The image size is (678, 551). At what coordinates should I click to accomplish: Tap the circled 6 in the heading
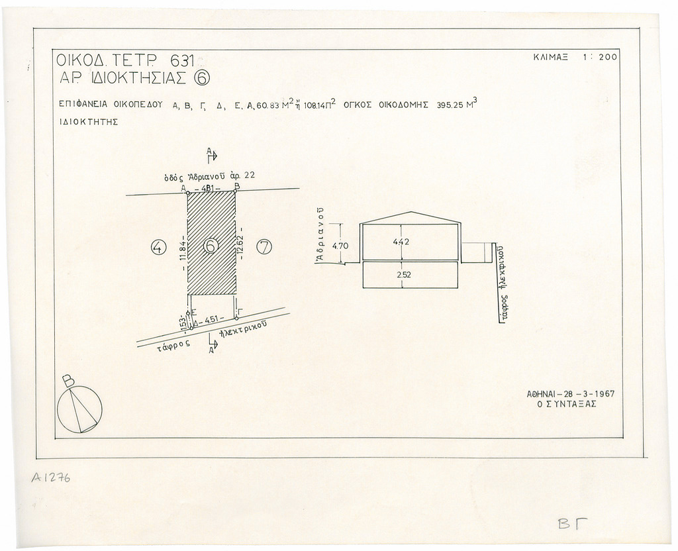click(x=203, y=79)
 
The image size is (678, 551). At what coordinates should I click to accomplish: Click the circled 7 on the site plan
click(x=264, y=248)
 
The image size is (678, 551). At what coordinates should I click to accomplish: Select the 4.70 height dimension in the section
click(x=340, y=246)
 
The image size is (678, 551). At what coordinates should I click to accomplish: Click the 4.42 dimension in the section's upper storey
click(x=401, y=242)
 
